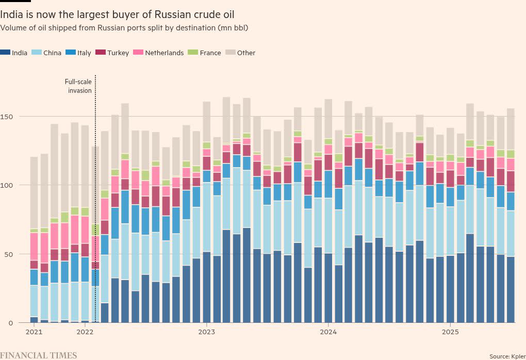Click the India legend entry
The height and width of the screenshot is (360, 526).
[16, 53]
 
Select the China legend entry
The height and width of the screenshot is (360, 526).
[48, 53]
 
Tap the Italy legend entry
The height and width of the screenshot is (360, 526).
[80, 53]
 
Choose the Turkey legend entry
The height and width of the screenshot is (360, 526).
[114, 53]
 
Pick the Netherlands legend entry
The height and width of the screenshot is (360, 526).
[159, 53]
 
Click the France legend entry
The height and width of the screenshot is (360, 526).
[206, 53]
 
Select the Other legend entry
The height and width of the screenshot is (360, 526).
[242, 53]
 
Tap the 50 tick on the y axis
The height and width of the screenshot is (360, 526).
[8, 254]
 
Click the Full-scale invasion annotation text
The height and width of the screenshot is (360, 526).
[78, 86]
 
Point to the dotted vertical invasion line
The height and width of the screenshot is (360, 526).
[96, 206]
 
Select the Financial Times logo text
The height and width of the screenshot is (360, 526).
[39, 355]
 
